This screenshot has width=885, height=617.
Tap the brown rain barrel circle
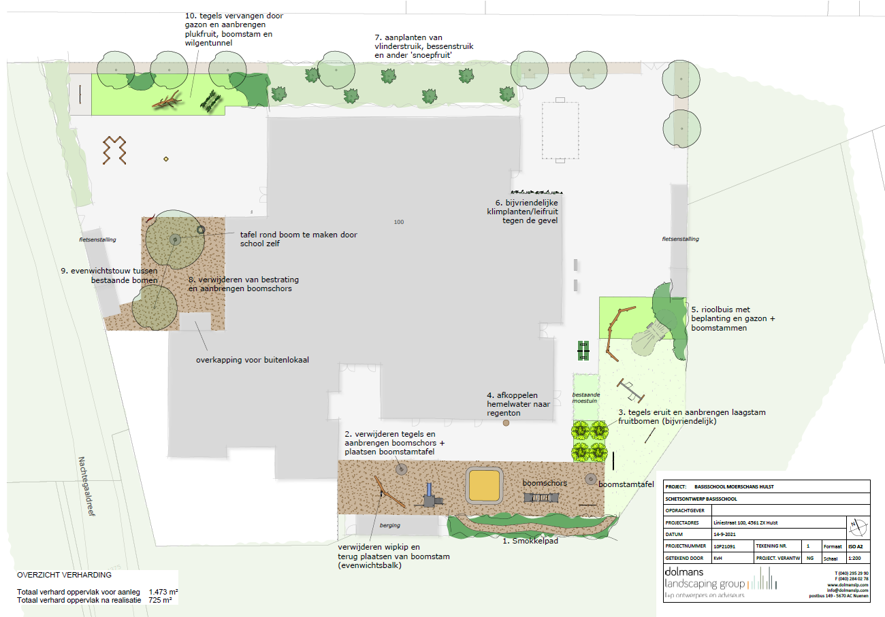point(506,423)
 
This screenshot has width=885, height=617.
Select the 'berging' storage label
point(390,526)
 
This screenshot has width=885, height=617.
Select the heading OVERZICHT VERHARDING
point(64,575)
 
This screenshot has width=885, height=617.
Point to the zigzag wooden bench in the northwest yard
point(116,150)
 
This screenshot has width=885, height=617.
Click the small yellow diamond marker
point(165,159)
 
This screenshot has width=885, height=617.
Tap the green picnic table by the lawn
point(583,350)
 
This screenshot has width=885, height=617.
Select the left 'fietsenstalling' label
point(96,239)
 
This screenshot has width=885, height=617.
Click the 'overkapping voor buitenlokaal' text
point(253,360)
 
